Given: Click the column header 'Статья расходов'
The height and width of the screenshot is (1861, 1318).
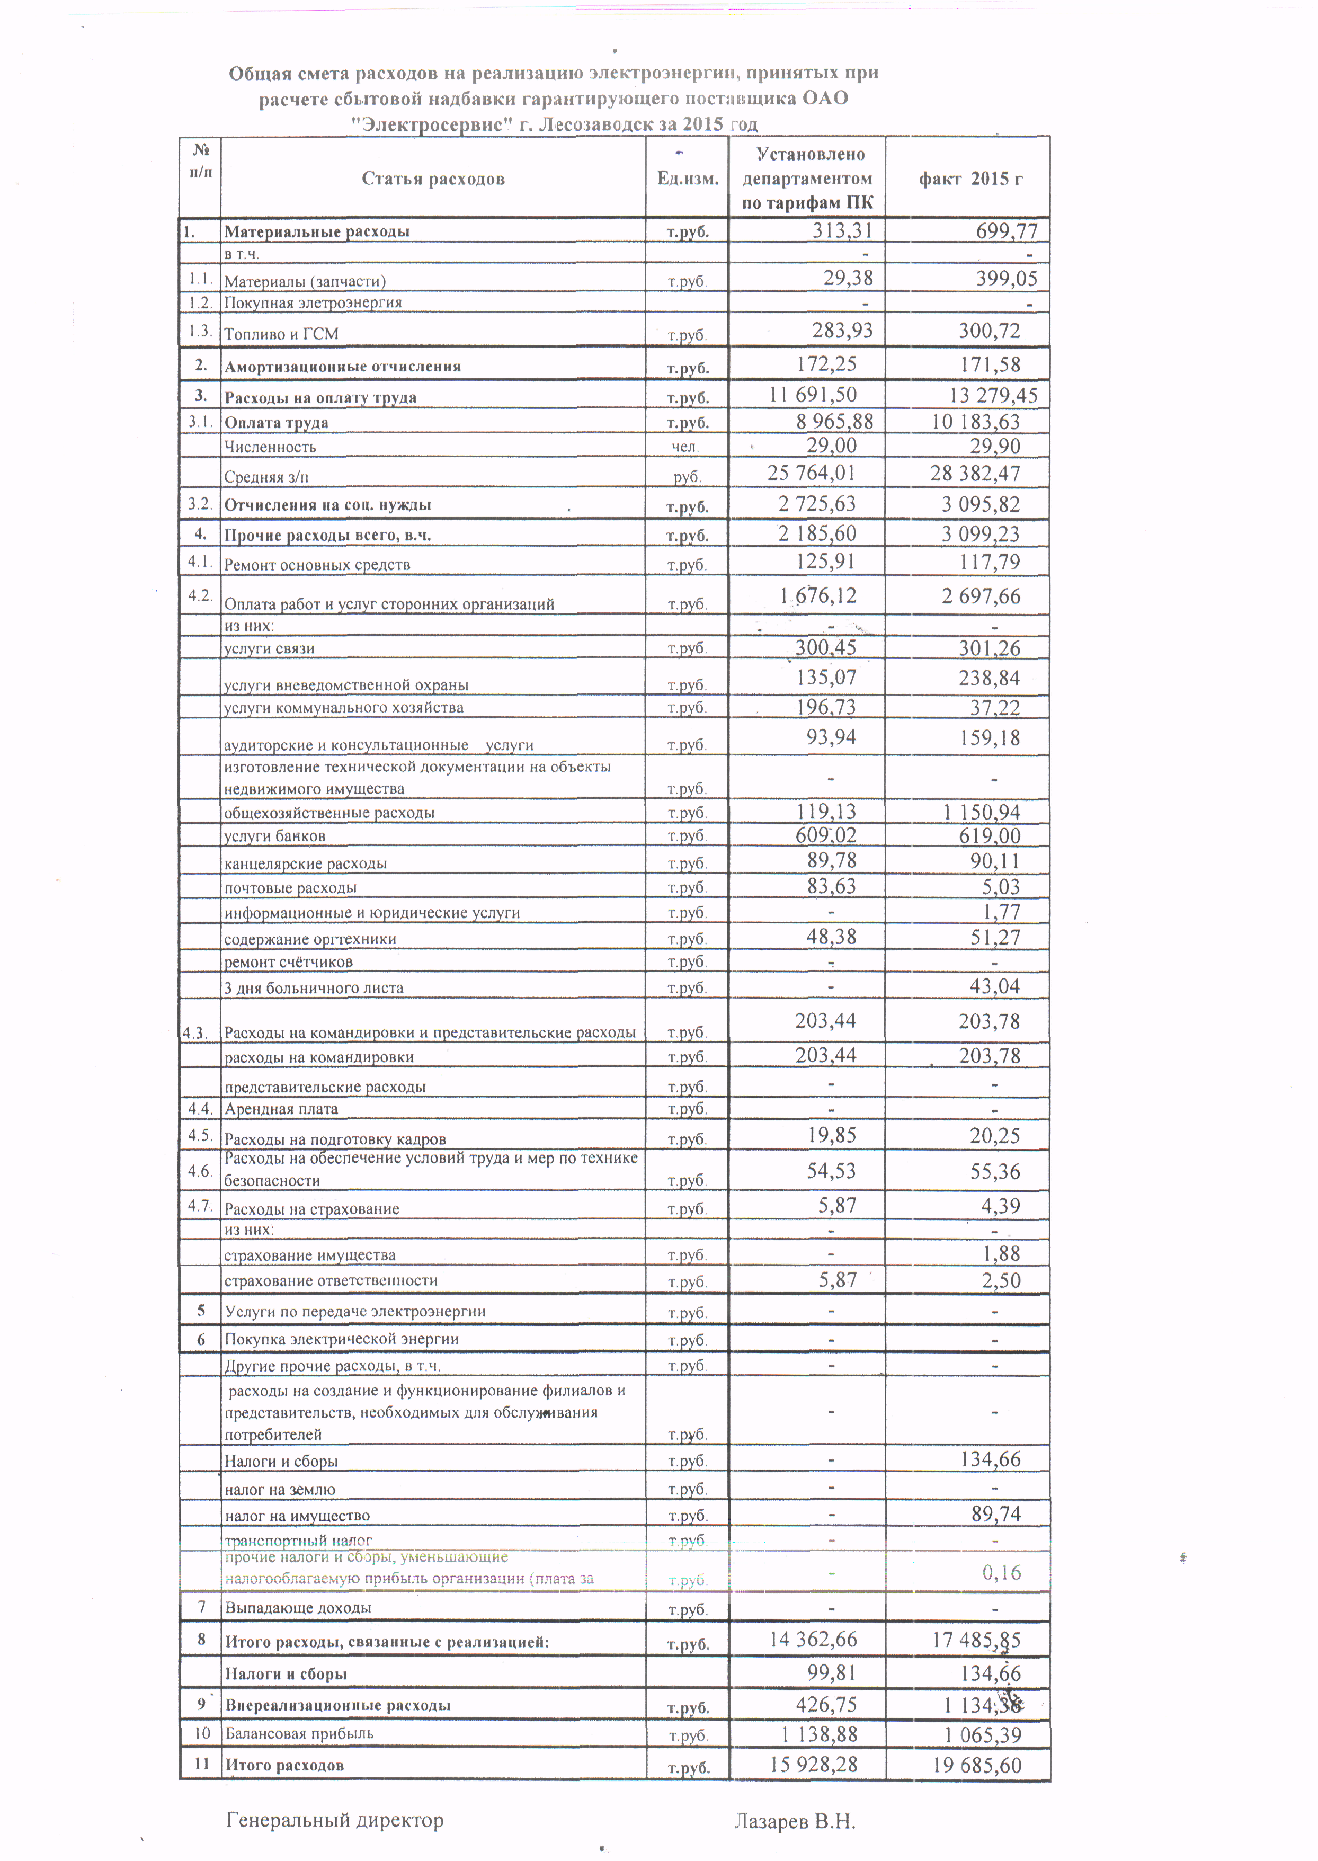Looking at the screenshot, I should tap(433, 179).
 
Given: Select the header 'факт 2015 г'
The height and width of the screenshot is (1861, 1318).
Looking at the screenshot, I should tap(970, 179).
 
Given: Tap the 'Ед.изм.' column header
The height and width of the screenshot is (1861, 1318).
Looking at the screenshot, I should tap(688, 179).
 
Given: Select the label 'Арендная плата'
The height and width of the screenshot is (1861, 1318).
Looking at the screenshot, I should tap(281, 1109).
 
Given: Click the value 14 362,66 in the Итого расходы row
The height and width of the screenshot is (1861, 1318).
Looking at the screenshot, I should tap(813, 1639).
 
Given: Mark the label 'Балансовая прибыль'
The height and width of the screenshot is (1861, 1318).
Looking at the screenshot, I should tap(299, 1733).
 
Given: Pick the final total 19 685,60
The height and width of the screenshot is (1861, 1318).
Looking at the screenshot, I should tap(977, 1765).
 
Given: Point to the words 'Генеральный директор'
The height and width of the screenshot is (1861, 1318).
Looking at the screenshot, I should tap(334, 1820).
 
